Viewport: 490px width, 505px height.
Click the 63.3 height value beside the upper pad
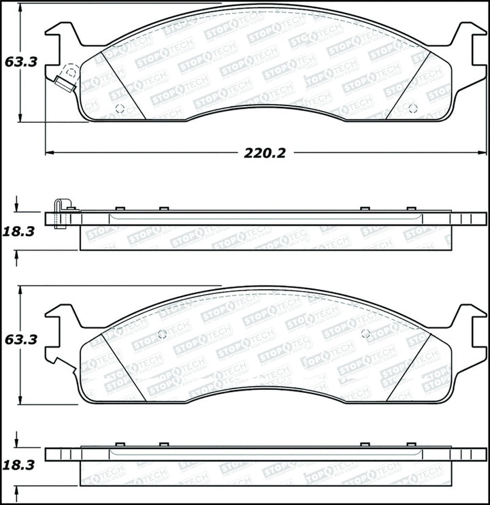20,62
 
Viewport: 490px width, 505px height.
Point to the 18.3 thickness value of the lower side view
20,466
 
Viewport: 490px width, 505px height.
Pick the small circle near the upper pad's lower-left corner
119,108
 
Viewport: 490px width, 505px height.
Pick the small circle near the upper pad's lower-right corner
412,108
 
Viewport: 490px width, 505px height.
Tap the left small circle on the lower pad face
162,333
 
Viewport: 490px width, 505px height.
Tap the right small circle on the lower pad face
365,333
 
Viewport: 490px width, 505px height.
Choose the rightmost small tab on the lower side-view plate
410,444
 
